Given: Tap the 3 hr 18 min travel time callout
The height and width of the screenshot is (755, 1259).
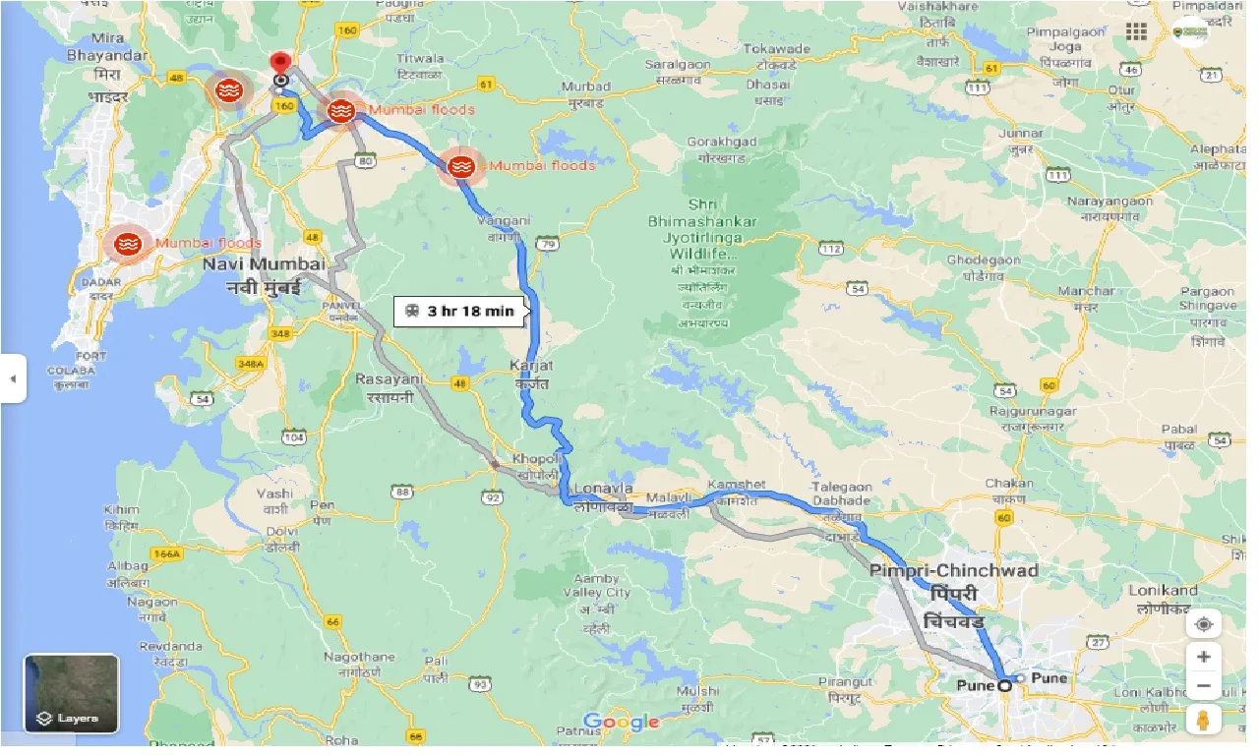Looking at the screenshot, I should tap(459, 311).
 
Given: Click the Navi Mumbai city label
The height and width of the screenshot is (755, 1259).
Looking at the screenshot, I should tap(263, 264).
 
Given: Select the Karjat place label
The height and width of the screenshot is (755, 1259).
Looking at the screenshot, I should tap(532, 366).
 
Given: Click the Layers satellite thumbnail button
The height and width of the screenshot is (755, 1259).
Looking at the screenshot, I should tap(72, 694).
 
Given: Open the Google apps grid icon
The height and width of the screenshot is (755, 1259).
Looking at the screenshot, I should tap(1137, 31).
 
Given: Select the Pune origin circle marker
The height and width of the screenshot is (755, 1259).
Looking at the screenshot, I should tap(1004, 685).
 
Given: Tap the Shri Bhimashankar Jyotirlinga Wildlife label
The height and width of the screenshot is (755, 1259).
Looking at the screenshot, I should tap(702, 236).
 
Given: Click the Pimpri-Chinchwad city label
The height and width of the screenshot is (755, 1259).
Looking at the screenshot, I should tap(953, 570).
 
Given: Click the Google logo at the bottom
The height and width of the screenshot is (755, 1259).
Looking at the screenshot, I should tap(621, 723).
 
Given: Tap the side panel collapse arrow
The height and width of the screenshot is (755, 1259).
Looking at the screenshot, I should tap(12, 378).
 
